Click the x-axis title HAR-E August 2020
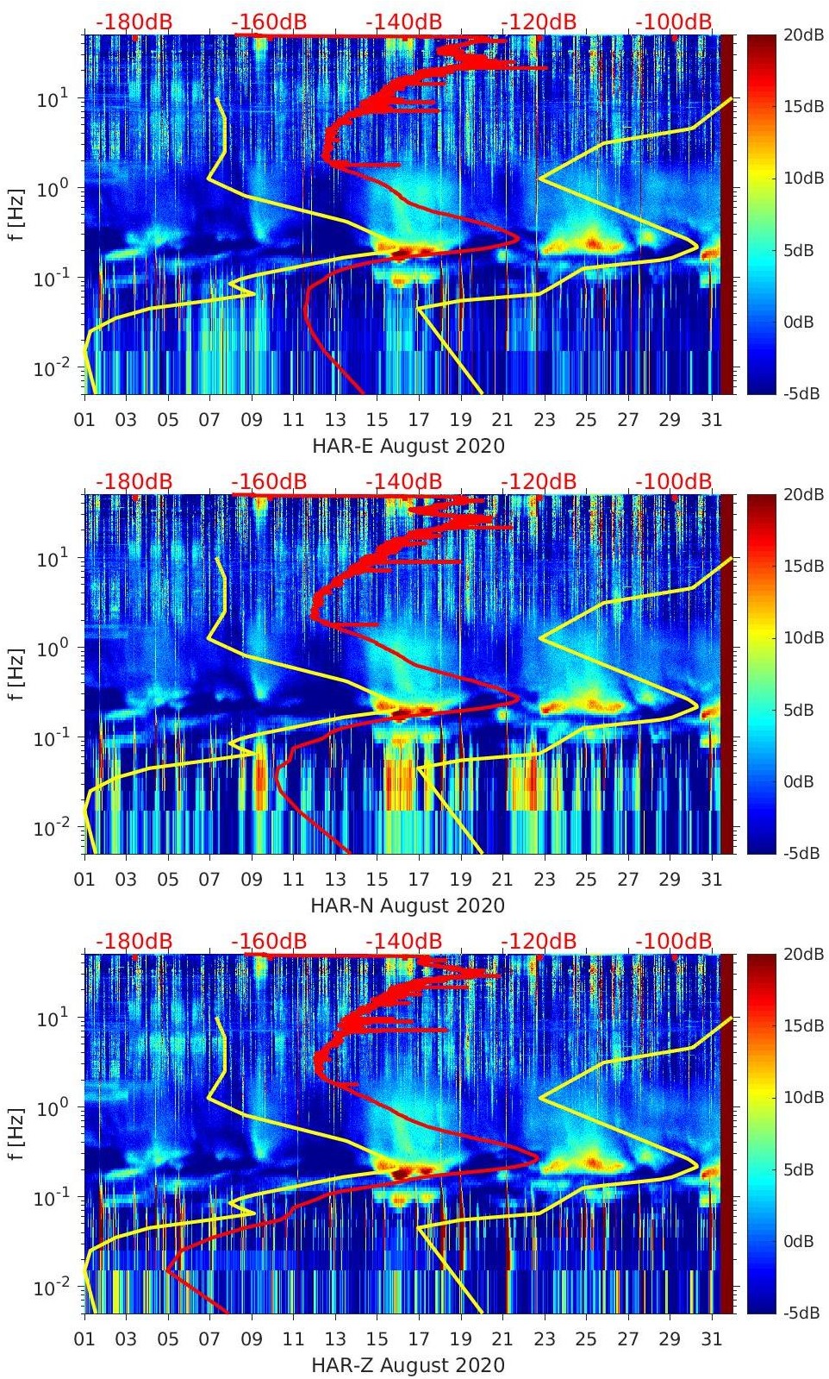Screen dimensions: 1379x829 [x=408, y=446]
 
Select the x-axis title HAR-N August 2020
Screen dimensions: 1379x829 [x=408, y=906]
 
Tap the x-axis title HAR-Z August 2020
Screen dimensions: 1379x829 [x=408, y=1365]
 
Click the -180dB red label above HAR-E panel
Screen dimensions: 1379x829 [x=134, y=22]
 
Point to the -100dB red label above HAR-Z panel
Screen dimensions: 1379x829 [x=674, y=941]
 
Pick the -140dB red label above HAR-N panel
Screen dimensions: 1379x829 [x=403, y=481]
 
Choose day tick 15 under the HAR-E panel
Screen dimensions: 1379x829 [x=377, y=420]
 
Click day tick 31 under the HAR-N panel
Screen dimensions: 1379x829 [x=711, y=880]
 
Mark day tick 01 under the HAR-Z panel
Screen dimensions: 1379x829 [x=84, y=1339]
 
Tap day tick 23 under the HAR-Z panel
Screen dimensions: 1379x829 [x=544, y=1339]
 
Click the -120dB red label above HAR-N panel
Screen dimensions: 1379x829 [x=539, y=481]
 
